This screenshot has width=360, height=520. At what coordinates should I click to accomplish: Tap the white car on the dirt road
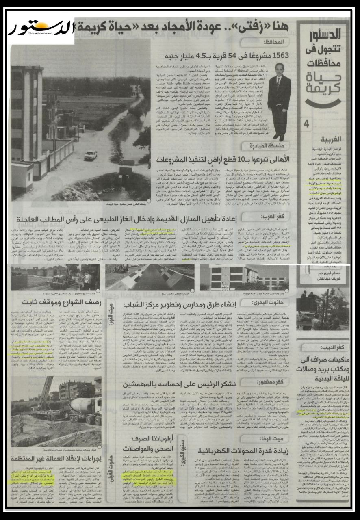[x=90, y=155]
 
